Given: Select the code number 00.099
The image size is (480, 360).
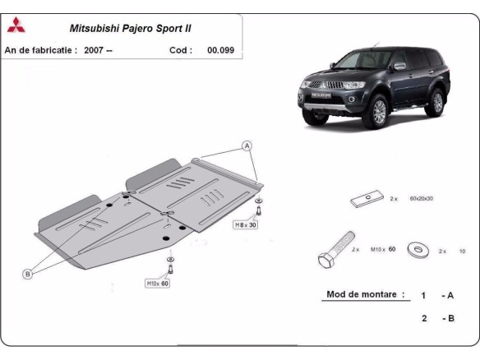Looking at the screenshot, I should (x=220, y=49).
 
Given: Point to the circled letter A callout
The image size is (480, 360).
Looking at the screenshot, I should (x=244, y=145).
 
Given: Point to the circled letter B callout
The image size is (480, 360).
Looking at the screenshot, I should (x=27, y=274).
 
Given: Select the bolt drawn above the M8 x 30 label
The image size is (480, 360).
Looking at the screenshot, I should (x=259, y=206).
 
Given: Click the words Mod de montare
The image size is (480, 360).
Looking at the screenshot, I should (x=366, y=294).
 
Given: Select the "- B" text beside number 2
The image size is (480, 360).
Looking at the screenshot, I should (x=448, y=318).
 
